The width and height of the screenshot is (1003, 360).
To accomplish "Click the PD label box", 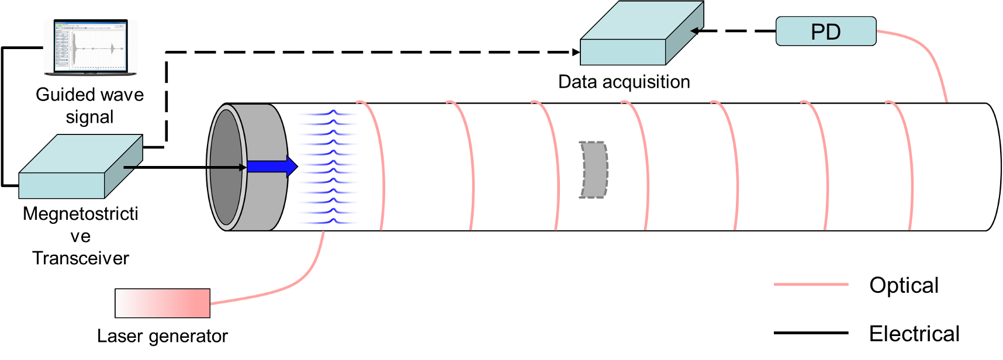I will point(825,32).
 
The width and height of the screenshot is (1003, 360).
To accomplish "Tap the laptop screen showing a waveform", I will point(91,47).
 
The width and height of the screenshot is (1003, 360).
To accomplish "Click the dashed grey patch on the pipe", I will point(594,169).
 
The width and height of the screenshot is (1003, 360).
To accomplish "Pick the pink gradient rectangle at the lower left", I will point(162,303).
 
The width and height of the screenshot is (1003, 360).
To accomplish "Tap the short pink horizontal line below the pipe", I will point(811,285).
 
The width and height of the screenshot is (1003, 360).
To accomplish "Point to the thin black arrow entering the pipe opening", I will point(225,168).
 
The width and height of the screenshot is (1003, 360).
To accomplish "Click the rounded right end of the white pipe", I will point(994,167).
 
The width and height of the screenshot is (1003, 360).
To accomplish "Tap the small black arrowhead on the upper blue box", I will point(696,30).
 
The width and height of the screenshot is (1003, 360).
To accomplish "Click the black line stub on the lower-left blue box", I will point(132,168).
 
